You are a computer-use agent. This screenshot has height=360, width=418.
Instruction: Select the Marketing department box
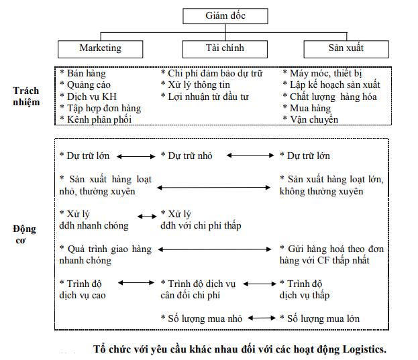[x=101, y=48]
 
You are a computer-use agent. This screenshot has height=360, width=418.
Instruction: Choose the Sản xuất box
[x=346, y=48]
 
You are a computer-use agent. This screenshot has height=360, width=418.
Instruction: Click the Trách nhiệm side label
[x=26, y=97]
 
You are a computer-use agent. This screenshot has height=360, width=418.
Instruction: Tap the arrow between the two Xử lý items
[x=146, y=215]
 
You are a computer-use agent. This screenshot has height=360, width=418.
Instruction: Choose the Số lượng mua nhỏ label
[x=201, y=318]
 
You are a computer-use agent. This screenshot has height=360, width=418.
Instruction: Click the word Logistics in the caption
[x=362, y=349]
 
